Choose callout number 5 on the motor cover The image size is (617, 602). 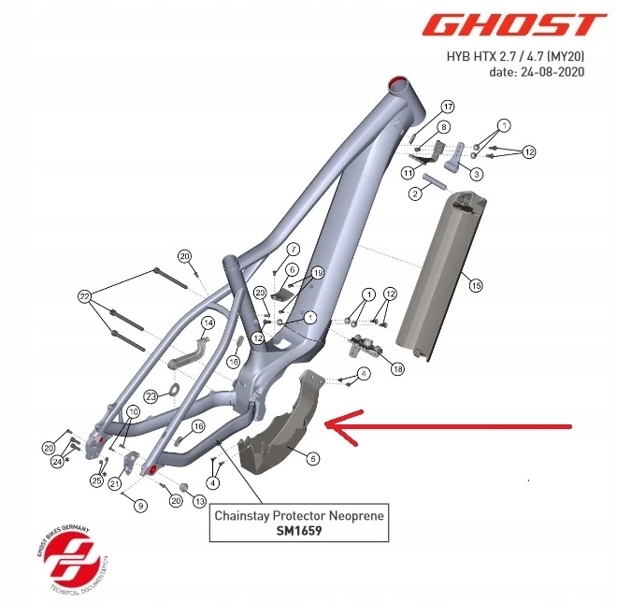click(x=313, y=457)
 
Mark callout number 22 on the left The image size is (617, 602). click(x=85, y=296)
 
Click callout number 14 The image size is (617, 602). click(x=208, y=322)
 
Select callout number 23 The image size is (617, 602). click(x=151, y=397)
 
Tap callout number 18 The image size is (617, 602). click(x=398, y=369)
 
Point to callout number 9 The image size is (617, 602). click(x=140, y=506)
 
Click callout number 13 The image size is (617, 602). click(x=199, y=502)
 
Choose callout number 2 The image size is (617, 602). click(x=414, y=193)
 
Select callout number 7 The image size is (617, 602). click(x=292, y=250)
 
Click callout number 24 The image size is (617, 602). click(x=58, y=461)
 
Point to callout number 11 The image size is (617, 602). click(x=409, y=174)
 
